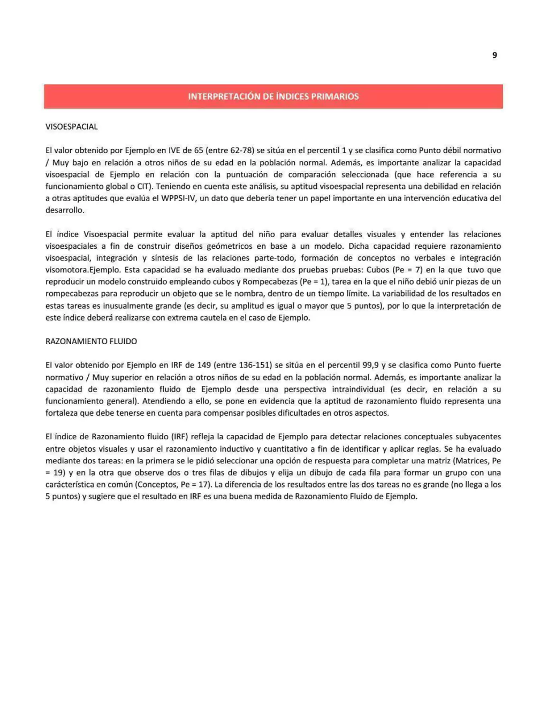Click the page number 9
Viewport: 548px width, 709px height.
click(x=494, y=55)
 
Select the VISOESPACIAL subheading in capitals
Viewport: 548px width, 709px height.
click(x=72, y=127)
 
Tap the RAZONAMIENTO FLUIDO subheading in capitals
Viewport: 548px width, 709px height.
click(x=91, y=341)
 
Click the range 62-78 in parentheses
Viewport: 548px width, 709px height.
click(x=240, y=150)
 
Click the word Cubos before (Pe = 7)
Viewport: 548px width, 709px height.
click(x=378, y=270)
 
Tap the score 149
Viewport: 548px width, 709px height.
click(x=204, y=365)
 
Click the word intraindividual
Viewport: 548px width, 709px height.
click(x=359, y=389)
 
